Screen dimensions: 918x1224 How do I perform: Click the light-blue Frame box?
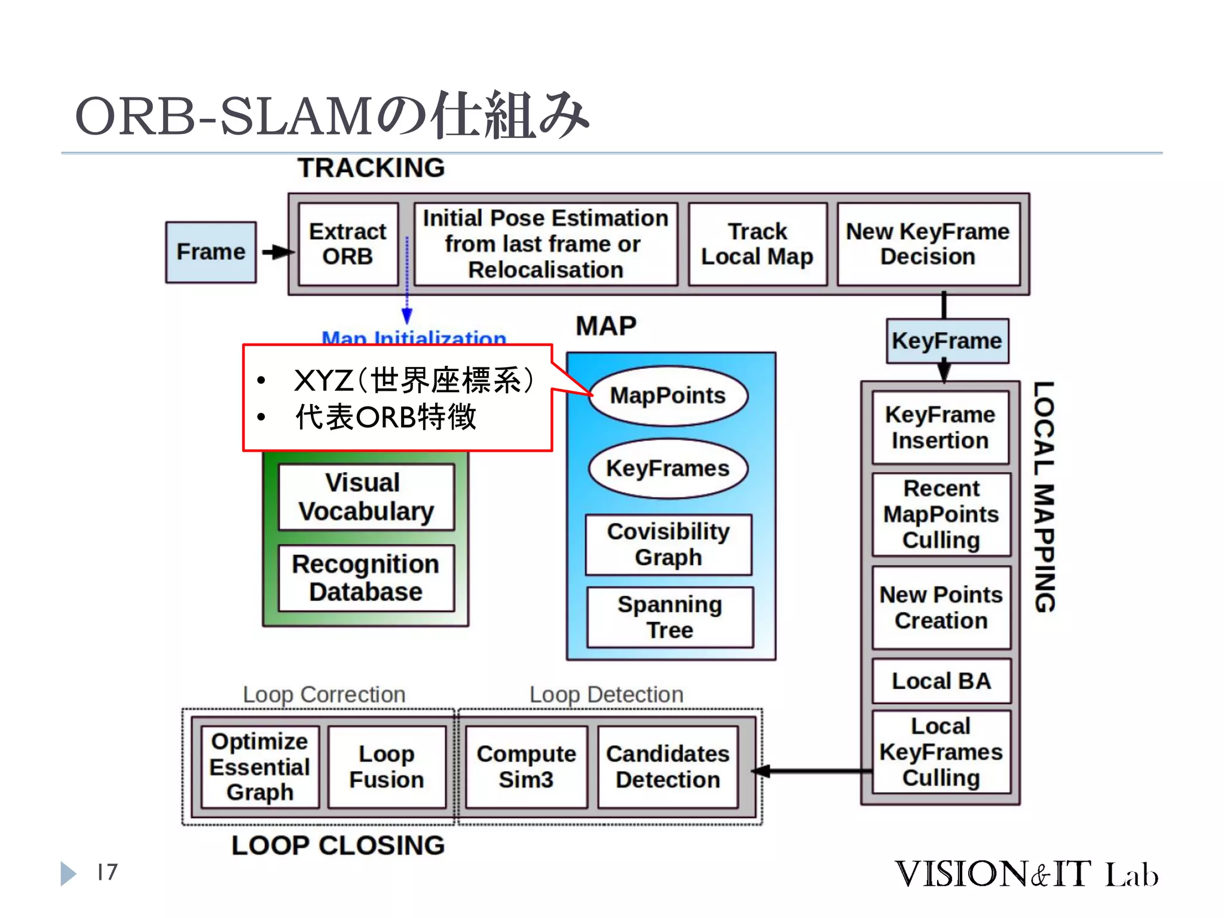(210, 252)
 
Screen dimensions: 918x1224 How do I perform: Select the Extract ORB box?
(348, 244)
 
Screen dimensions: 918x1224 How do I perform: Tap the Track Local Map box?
(757, 244)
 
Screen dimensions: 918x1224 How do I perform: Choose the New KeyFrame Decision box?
(928, 244)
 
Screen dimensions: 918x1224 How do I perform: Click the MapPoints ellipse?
(668, 396)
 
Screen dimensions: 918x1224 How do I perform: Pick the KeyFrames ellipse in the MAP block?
(668, 469)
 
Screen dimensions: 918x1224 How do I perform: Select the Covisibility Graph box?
(668, 544)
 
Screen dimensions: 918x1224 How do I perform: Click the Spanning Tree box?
(669, 617)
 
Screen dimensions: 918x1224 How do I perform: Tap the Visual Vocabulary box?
(366, 497)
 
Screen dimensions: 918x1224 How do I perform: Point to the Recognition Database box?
(366, 578)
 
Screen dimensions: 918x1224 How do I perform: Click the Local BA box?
(941, 681)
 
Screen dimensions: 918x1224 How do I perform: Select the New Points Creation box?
(941, 607)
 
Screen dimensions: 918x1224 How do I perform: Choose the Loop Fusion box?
(387, 767)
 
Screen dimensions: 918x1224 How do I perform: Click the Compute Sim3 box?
(526, 767)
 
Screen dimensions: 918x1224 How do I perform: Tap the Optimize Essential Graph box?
(259, 767)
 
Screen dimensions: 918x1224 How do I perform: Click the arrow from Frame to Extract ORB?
(277, 252)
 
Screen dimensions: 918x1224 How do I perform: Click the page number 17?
(108, 872)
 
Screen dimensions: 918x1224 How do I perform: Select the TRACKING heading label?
(371, 168)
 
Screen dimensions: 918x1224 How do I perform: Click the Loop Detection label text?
(606, 694)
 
